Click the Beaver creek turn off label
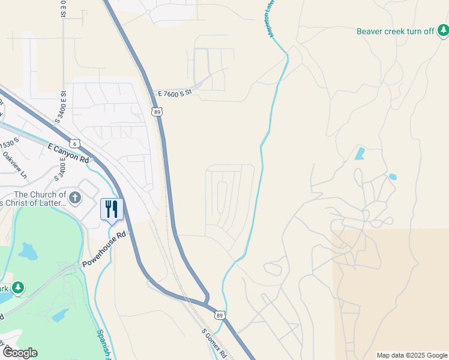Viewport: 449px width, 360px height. [x=395, y=31]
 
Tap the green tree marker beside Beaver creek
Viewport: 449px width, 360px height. [x=442, y=29]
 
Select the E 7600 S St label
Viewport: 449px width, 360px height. [x=173, y=93]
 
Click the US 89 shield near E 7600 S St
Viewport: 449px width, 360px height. [x=157, y=112]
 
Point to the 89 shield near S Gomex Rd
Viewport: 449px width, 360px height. [x=220, y=314]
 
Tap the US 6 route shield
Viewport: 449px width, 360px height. [x=74, y=143]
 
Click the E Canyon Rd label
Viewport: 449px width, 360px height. [x=68, y=154]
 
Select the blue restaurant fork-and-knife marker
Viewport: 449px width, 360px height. [x=112, y=209]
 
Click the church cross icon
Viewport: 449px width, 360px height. [x=75, y=197]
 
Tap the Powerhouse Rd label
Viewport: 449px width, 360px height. [x=106, y=249]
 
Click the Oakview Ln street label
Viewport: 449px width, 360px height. [x=14, y=164]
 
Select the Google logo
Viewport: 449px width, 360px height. [x=19, y=353]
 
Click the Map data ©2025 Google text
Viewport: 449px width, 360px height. [x=411, y=355]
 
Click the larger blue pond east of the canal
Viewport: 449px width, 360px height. [x=360, y=153]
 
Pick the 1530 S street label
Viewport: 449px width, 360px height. [x=10, y=144]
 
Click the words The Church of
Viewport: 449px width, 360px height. [x=40, y=194]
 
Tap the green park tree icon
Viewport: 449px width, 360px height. [x=19, y=288]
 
